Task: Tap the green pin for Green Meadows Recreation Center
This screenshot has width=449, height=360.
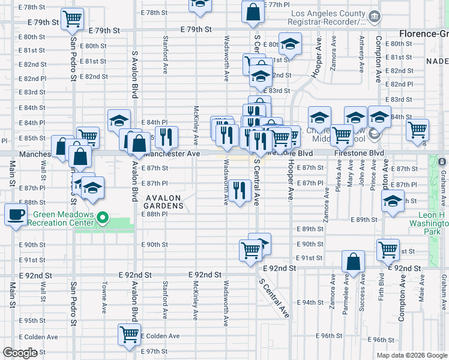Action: [x=103, y=218]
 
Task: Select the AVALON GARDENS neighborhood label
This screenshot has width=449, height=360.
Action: [x=163, y=205]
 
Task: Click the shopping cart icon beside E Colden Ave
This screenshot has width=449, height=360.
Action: [x=129, y=335]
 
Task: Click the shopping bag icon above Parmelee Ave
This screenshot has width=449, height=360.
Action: [x=354, y=262]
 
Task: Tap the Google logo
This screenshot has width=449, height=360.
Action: [x=20, y=353]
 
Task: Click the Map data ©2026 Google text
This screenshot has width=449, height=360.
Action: [x=411, y=355]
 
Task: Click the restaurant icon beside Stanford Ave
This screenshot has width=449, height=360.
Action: [x=167, y=137]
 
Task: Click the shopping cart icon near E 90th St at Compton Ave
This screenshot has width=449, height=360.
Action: [x=388, y=248]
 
